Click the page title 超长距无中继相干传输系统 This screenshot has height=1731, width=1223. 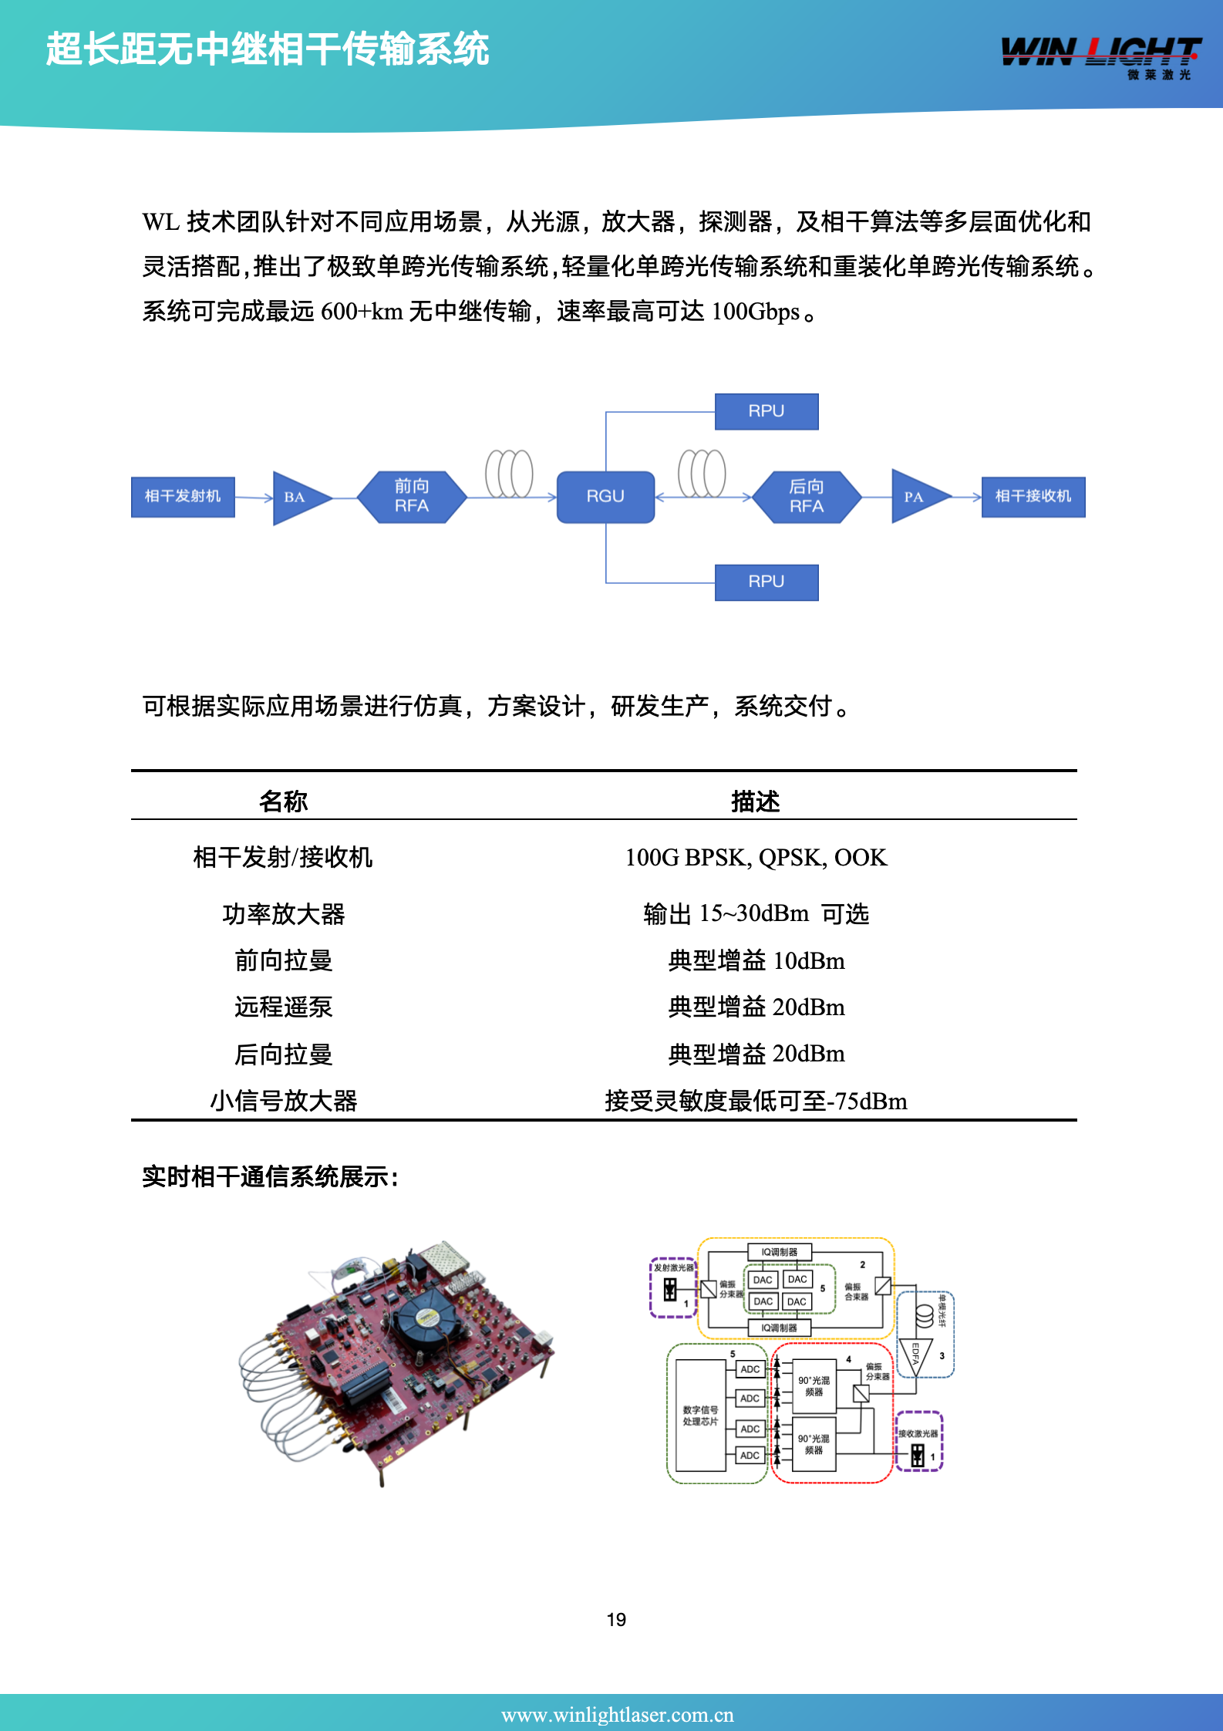(x=267, y=49)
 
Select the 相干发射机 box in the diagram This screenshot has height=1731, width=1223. (x=183, y=496)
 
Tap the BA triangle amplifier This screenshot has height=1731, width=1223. (x=298, y=498)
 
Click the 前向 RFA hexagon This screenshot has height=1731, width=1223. (x=412, y=497)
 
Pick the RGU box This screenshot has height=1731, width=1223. (x=605, y=497)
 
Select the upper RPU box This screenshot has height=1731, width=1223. (x=766, y=411)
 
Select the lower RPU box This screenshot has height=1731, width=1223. (x=766, y=582)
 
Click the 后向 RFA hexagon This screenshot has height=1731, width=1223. (x=806, y=497)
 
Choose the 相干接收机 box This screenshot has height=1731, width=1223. (x=1033, y=496)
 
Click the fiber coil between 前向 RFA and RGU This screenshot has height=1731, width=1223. (x=509, y=473)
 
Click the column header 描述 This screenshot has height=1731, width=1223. (x=755, y=801)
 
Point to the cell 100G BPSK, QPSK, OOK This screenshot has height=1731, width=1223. (x=756, y=857)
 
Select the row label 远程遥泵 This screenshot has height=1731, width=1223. (x=283, y=1007)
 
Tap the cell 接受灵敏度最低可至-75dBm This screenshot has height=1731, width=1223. (x=756, y=1101)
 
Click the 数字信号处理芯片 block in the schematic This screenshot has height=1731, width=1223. (x=700, y=1416)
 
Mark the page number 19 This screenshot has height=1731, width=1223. (x=616, y=1619)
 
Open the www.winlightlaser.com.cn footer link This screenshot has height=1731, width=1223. (x=617, y=1714)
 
